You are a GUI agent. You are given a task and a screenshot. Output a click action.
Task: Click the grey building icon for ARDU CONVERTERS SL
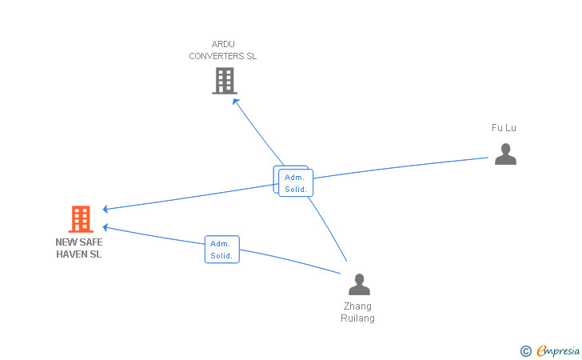225,81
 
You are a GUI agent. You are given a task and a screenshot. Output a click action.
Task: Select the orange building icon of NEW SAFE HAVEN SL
81,219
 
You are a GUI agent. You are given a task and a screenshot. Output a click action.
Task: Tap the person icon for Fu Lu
505,154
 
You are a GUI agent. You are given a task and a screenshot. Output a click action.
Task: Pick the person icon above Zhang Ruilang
359,284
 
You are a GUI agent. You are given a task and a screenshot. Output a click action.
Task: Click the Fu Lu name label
504,128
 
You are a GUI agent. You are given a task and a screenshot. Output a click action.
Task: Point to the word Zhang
357,306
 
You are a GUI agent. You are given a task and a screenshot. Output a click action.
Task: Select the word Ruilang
357,318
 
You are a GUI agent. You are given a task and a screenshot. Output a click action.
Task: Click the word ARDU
223,44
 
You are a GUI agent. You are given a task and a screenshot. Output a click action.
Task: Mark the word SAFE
91,242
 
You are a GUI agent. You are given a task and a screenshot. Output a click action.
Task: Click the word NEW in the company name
66,242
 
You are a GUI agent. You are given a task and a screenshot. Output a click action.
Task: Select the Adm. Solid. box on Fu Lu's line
296,182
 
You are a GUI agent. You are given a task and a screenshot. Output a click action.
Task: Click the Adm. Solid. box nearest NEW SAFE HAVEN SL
222,250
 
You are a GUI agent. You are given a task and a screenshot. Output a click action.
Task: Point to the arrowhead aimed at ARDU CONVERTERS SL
235,102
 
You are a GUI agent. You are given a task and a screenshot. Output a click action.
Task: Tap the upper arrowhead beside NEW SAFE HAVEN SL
106,209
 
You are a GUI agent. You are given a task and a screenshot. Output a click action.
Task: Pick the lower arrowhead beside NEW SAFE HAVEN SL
106,227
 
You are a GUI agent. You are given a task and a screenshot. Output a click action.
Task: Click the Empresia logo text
558,350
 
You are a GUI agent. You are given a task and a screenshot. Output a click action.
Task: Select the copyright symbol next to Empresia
526,351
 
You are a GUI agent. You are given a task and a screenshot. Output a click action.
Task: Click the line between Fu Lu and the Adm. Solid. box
401,167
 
